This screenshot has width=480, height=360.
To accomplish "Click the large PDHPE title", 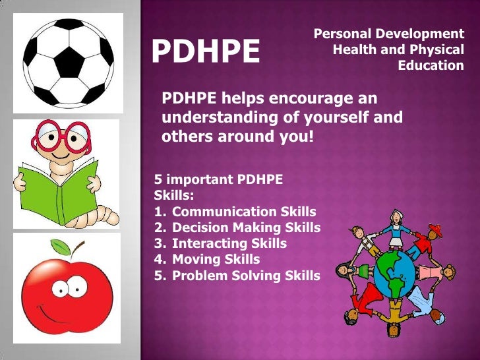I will pos(206,52).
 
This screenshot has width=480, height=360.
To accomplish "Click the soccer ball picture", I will pos(68,61).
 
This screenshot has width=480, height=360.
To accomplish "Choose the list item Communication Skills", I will pos(243,212).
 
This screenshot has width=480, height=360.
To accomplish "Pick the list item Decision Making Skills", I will pos(246,228).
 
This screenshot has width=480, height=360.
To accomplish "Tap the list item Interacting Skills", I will pos(229,244).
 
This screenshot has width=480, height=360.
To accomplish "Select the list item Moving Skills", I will pos(216,260).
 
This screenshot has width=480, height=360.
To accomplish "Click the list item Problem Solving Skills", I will pos(246,276).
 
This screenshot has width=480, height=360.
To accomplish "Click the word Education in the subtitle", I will pos(431,66).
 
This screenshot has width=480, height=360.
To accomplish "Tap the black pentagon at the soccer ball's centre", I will pos(69,62).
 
